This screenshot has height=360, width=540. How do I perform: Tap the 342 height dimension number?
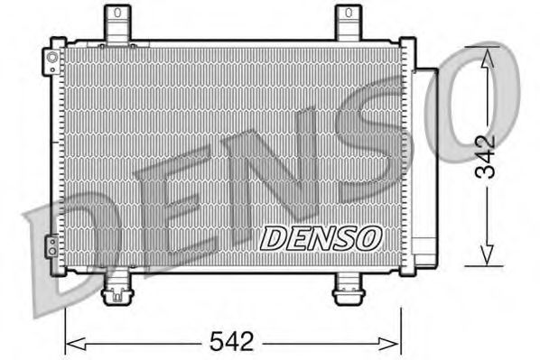[489, 158]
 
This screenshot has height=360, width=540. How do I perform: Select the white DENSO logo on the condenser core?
[321, 238]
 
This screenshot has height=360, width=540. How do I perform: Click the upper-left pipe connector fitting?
[53, 60]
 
